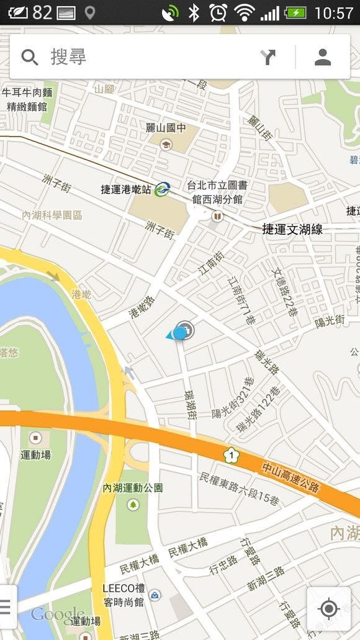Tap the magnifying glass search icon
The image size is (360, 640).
(x=29, y=57)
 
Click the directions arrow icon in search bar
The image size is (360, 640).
(x=268, y=57)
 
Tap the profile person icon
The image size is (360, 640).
(x=322, y=57)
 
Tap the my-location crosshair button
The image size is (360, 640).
(x=328, y=608)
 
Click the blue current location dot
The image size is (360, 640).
(x=180, y=333)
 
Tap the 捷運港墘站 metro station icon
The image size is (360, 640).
(x=163, y=188)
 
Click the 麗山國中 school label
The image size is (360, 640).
(x=165, y=128)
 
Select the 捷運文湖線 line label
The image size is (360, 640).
(x=292, y=230)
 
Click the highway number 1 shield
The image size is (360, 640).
(x=231, y=456)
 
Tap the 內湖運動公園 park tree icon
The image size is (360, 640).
(x=133, y=504)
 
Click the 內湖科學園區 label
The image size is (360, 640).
(x=52, y=215)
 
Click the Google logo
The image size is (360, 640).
(x=57, y=614)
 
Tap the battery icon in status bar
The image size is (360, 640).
(x=295, y=12)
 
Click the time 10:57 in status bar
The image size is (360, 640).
(x=334, y=12)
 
